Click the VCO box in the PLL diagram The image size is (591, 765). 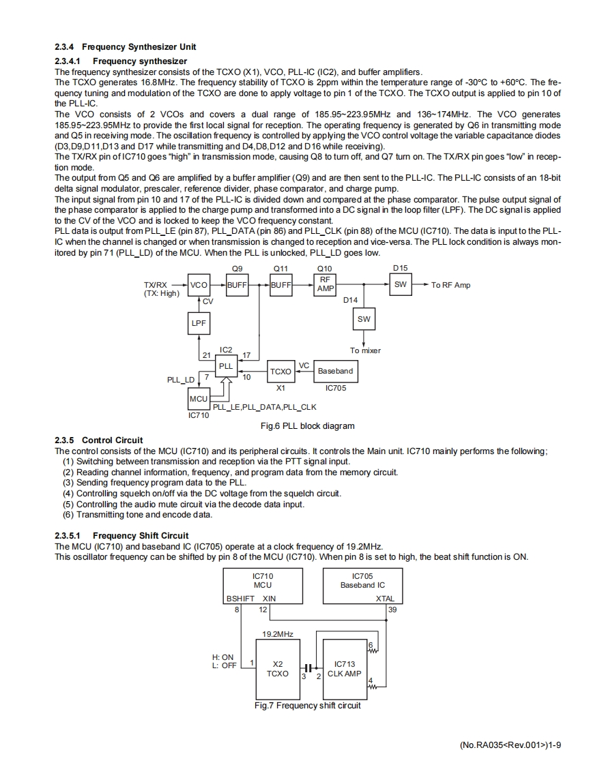pos(199,285)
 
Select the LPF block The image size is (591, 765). pos(199,323)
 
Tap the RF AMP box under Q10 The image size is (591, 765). pos(326,285)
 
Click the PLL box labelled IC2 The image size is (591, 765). pos(226,366)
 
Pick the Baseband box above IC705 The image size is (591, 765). pos(335,371)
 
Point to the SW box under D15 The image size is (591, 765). pos(401,285)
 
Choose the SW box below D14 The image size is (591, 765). pos(364,319)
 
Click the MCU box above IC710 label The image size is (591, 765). pos(199,398)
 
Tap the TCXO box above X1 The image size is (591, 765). pos(280,372)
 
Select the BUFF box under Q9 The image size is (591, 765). pos(237,285)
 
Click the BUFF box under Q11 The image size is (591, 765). pos(281,285)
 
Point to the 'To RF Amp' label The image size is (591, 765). pos(451,285)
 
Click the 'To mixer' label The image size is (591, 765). pos(365,350)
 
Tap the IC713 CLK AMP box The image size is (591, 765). pos(345,669)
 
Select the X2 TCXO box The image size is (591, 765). pos(278,669)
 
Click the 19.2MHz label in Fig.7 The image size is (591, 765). pos(278,634)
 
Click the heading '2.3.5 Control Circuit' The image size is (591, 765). pos(99,440)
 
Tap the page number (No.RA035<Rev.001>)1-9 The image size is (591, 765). pos(511,744)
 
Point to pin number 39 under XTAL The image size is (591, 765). pos(392,610)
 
